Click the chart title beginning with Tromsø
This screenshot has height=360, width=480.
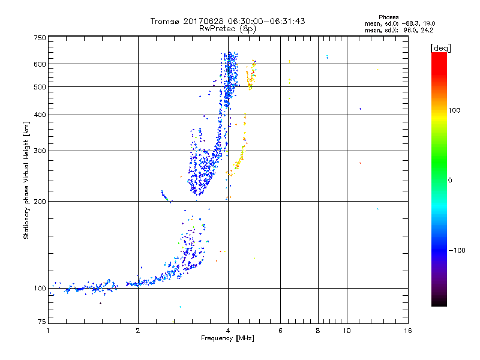coord(228,21)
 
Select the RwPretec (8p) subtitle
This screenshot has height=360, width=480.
coord(228,28)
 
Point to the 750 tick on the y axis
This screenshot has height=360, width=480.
coord(40,37)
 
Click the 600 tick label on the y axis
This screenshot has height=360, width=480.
coord(40,64)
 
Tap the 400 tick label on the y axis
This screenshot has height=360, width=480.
coord(40,115)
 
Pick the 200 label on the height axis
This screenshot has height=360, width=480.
coord(40,201)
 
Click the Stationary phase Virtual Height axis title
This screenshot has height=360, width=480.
coord(26,180)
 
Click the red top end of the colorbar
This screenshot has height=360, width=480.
coord(439,55)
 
